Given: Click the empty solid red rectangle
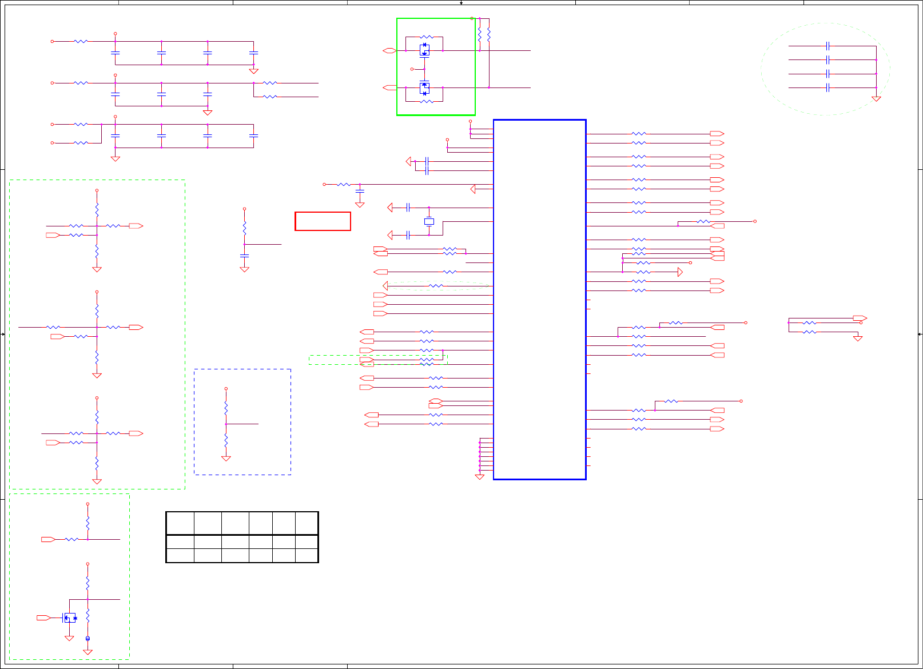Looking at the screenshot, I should click(323, 221).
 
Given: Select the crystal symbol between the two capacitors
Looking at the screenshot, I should click(429, 221).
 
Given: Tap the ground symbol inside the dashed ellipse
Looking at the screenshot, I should click(876, 99).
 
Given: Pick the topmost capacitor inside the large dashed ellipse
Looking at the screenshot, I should click(827, 46).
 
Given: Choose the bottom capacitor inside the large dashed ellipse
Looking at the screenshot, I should click(827, 87).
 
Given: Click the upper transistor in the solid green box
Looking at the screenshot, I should click(424, 50).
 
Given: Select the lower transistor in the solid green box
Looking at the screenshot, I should click(424, 88).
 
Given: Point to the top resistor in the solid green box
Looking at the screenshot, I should click(426, 37).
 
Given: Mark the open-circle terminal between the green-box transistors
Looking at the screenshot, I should click(412, 69).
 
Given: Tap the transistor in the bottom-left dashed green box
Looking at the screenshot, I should click(70, 618).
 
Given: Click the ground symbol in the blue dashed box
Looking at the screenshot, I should click(226, 459).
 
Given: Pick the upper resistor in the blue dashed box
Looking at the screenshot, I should click(226, 408).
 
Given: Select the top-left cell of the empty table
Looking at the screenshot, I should click(180, 523).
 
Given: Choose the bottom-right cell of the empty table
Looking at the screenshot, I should click(307, 555).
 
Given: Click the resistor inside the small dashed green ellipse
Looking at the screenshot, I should click(436, 286).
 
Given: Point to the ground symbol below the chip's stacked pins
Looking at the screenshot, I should click(480, 477).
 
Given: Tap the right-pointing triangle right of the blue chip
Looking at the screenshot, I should click(680, 272).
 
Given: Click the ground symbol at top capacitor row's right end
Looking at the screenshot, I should click(253, 71).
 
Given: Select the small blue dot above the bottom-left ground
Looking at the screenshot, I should click(87, 638).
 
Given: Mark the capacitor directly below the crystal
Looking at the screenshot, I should click(408, 235).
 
